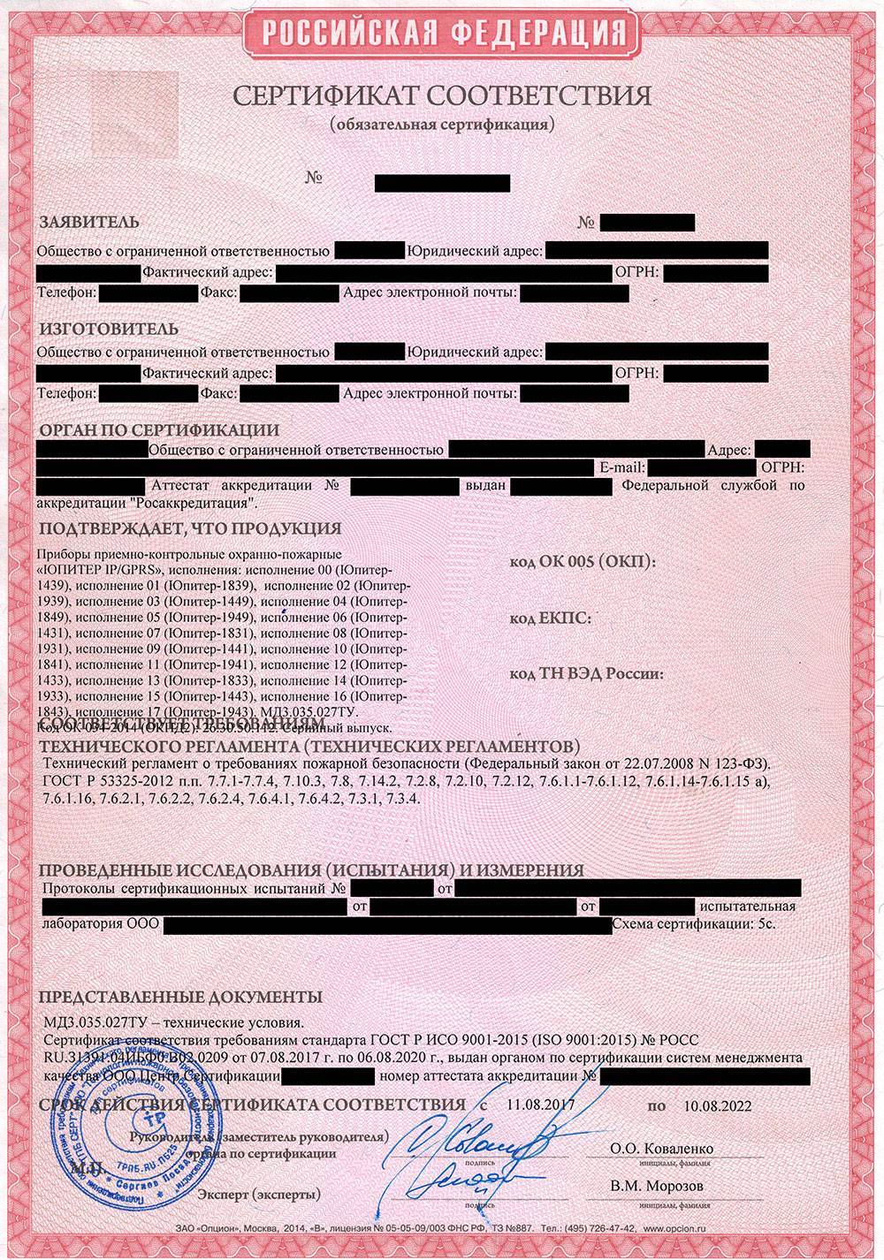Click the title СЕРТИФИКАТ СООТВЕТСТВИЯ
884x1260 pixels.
click(442, 95)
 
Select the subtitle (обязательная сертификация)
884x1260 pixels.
click(442, 124)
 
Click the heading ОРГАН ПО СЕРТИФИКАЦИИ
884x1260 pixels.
click(158, 430)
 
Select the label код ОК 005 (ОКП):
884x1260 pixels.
click(583, 563)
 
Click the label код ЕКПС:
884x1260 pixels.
click(551, 619)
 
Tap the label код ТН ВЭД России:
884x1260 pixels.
click(587, 674)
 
